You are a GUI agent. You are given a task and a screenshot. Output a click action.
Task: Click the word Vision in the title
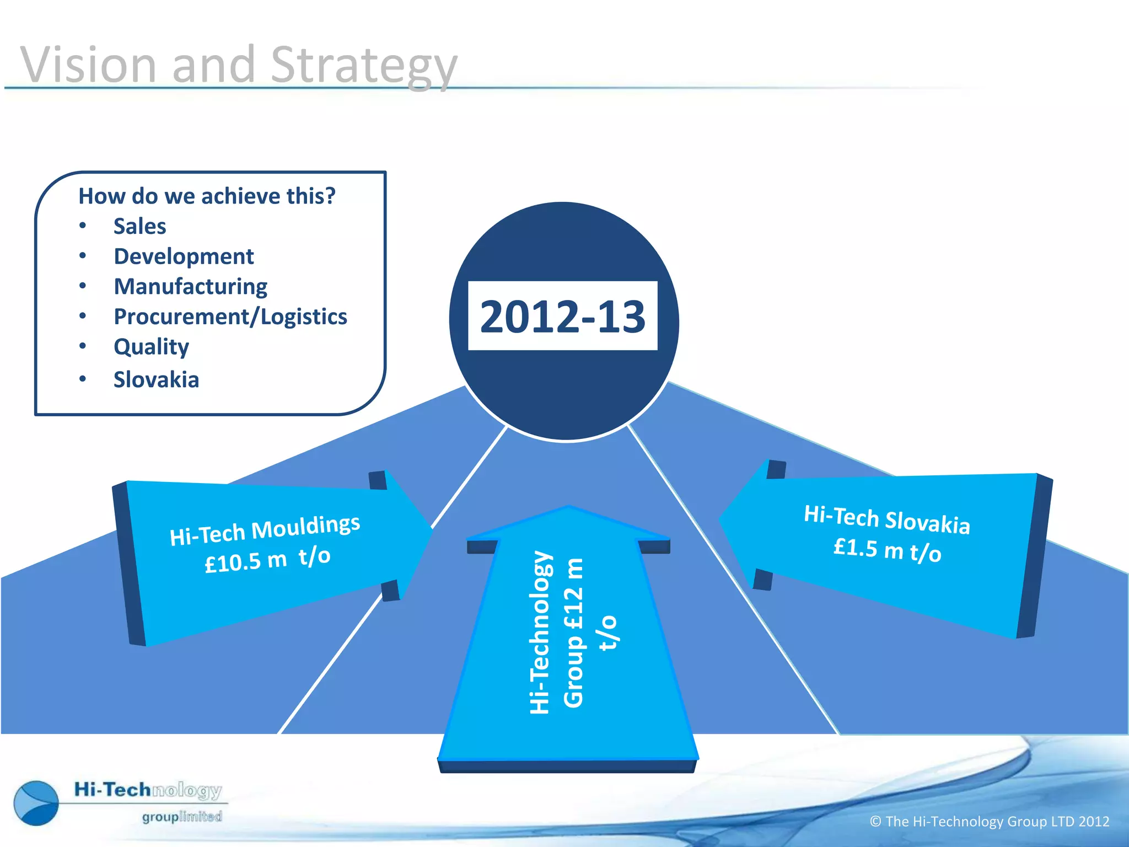(88, 65)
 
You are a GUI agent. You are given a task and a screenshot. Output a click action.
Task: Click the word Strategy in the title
(364, 66)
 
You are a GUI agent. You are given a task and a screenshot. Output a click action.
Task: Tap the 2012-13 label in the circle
(562, 317)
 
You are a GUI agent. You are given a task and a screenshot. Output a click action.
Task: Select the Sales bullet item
(139, 226)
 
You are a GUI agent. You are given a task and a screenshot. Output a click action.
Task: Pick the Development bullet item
(184, 256)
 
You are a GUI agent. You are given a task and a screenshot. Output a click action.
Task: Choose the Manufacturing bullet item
(190, 287)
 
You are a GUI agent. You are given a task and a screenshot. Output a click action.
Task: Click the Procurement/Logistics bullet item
(230, 317)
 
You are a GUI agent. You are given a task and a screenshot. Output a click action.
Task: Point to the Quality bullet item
(151, 347)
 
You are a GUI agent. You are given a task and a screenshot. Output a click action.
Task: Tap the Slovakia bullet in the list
(156, 379)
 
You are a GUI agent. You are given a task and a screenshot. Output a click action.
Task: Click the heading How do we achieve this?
(207, 196)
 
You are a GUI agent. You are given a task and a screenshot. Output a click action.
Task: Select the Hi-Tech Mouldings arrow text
(265, 529)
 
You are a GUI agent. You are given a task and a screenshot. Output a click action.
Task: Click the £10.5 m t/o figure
(267, 560)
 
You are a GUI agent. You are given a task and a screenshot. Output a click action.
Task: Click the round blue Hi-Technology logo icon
(36, 803)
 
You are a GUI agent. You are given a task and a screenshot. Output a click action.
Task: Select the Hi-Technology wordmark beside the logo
(148, 790)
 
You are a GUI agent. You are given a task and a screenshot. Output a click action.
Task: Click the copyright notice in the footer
(989, 822)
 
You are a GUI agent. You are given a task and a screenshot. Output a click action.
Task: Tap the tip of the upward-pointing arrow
(568, 508)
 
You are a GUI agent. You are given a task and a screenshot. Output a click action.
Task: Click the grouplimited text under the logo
(182, 817)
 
